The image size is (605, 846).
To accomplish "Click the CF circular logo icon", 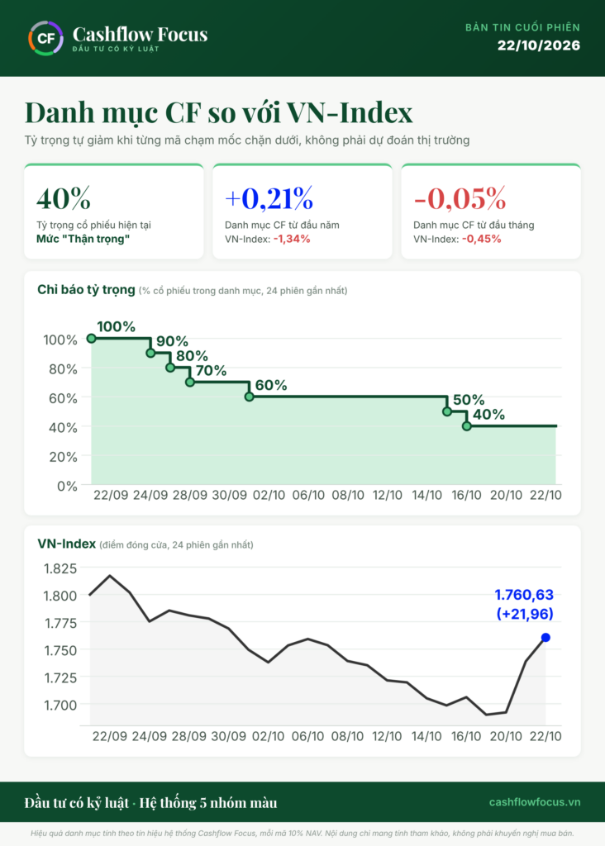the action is tap(46, 38).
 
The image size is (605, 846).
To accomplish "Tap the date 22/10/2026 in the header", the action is tap(539, 45).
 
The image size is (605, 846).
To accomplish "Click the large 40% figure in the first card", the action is tap(64, 198).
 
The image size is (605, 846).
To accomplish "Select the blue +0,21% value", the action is tap(269, 198).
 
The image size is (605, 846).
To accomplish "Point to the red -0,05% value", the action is tap(460, 198).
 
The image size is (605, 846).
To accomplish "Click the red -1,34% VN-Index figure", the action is tap(292, 239).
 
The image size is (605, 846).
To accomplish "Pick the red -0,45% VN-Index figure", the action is tap(481, 239).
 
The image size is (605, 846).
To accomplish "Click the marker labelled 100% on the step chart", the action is tap(91, 338).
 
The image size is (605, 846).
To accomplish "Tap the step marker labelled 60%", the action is tap(250, 397).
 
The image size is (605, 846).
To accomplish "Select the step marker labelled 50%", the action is tap(447, 411).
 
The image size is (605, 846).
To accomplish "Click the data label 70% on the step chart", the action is tap(211, 371).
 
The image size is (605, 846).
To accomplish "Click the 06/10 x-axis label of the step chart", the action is tap(308, 496).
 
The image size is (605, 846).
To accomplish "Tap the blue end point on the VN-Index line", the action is tap(545, 637).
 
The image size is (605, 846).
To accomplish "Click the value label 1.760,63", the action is tap(524, 595).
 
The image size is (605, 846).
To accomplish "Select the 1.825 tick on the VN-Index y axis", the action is tap(60, 568).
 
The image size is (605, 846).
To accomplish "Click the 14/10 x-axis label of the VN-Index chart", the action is tap(426, 736).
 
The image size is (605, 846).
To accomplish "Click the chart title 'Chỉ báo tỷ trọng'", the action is tap(86, 290).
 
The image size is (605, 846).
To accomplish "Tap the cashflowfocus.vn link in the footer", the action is tap(535, 802).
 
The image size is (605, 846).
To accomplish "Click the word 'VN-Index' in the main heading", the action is tap(349, 112).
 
